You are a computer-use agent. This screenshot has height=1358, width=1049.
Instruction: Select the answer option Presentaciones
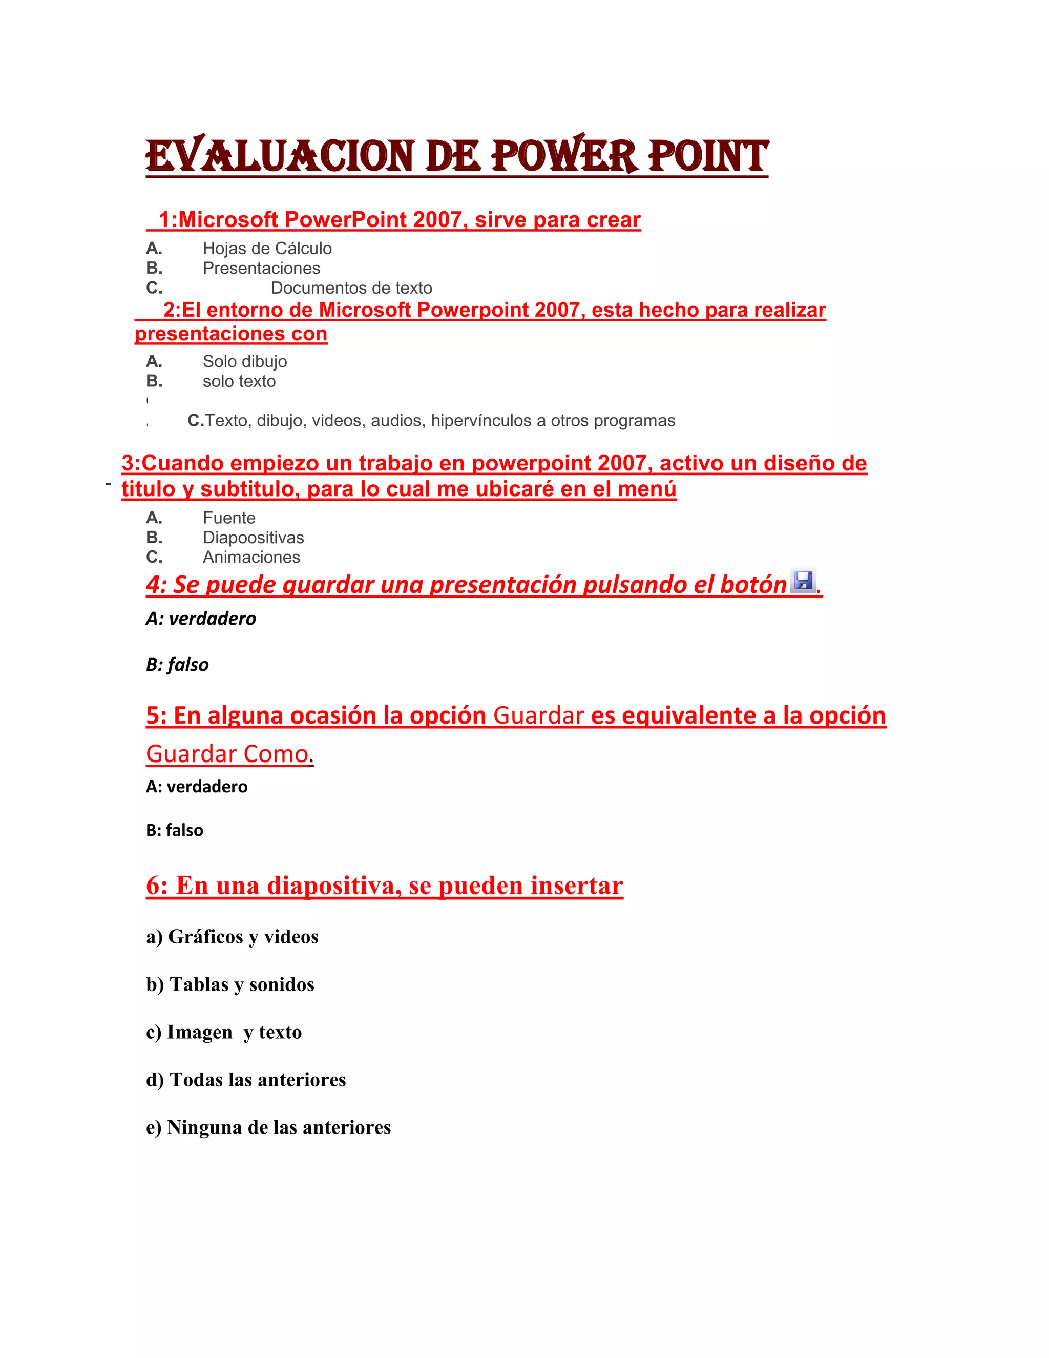tap(261, 268)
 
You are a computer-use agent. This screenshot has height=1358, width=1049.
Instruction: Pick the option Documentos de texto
tap(351, 288)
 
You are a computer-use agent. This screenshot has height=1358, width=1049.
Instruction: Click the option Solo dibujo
tap(244, 361)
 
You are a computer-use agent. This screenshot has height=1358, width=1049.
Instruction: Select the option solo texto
tap(239, 381)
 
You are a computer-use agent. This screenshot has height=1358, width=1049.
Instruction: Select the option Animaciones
tap(251, 557)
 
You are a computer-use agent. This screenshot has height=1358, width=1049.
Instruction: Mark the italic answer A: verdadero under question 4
tap(201, 619)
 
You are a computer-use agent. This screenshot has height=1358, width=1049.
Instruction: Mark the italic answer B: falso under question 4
tap(177, 665)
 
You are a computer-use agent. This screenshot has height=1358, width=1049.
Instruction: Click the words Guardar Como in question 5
tap(227, 754)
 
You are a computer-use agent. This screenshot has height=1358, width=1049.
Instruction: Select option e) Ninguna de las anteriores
tap(268, 1127)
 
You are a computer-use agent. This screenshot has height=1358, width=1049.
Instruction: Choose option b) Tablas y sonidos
tap(230, 984)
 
